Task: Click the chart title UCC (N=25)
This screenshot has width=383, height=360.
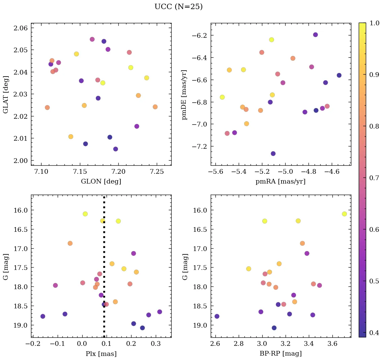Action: (x=178, y=7)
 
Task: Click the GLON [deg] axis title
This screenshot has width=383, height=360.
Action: (x=101, y=182)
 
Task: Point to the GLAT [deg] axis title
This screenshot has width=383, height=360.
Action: (x=6, y=94)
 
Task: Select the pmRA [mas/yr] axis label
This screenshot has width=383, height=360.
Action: (x=281, y=182)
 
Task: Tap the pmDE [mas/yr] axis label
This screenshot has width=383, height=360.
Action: (x=184, y=94)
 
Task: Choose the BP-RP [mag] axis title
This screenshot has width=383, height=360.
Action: (x=281, y=354)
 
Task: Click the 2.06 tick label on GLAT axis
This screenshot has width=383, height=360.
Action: (x=21, y=28)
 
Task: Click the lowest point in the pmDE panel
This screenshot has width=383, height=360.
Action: (x=273, y=154)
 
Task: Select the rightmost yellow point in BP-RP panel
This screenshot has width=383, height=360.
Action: (x=344, y=214)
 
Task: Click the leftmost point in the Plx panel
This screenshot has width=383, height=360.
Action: (x=43, y=316)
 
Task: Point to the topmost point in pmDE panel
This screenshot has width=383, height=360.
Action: (x=315, y=35)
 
